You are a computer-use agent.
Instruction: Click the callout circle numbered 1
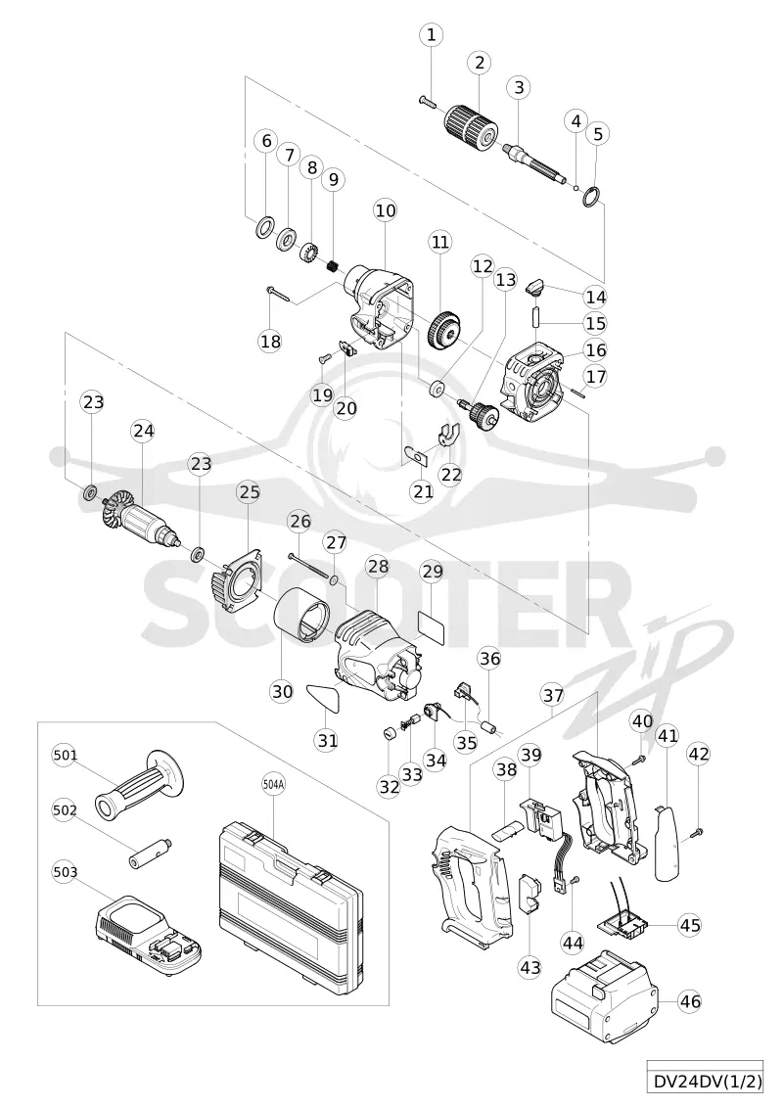(x=431, y=34)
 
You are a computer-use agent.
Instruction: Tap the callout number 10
(x=386, y=210)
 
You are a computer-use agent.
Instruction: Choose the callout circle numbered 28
(x=378, y=566)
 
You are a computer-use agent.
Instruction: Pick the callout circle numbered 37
(x=553, y=695)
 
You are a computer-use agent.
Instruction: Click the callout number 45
(x=690, y=924)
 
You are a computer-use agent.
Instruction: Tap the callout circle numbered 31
(x=327, y=740)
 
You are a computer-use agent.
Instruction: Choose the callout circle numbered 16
(x=596, y=349)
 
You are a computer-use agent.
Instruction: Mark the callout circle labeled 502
(x=65, y=809)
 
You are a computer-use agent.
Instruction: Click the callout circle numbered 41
(x=668, y=736)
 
